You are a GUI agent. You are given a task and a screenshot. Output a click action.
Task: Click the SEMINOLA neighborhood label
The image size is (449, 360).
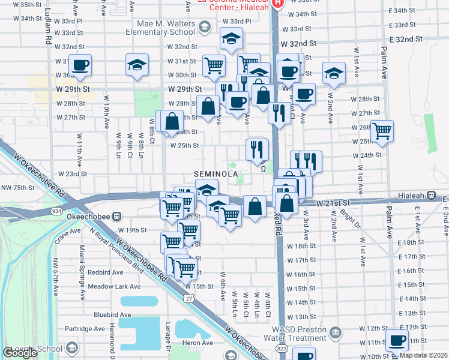point(217,174)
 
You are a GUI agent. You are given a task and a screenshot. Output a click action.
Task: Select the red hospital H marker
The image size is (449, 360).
point(278,3)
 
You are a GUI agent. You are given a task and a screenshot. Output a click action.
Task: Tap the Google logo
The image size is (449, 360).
point(20,353)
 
